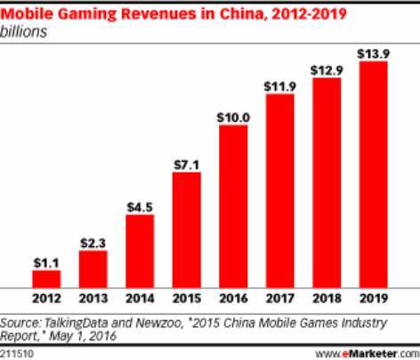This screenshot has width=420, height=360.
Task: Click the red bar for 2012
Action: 46,277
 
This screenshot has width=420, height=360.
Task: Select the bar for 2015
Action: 186,229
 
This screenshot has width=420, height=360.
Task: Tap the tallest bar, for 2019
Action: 373,174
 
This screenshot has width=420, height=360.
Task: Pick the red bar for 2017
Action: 279,190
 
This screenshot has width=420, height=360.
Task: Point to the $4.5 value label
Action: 140,205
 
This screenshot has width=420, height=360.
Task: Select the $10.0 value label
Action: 233,116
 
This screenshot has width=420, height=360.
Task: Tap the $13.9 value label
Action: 373,53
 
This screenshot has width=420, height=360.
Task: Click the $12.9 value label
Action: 327,69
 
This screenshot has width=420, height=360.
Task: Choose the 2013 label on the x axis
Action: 93,298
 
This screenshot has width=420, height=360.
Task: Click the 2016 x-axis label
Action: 233,298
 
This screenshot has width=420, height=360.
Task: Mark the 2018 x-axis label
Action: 327,298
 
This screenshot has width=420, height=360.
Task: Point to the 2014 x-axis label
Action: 140,298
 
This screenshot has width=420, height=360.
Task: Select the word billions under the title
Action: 24,30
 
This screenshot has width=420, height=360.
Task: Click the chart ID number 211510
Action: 18,353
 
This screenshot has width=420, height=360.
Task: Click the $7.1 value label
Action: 186,164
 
